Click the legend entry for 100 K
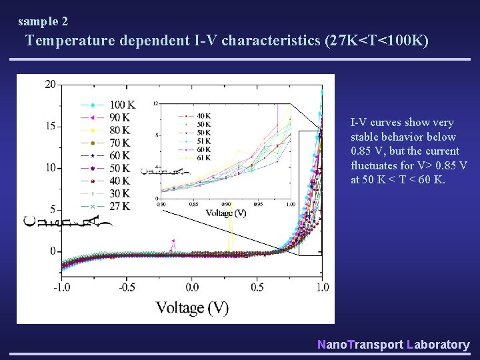tap(122, 105)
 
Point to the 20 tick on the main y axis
tap(50, 85)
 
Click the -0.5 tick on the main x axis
tap(126, 287)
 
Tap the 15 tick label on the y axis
tap(50, 126)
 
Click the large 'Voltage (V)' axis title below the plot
tap(192, 307)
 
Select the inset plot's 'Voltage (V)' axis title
tap(226, 213)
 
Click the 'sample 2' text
tap(43, 21)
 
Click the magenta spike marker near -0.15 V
tap(173, 241)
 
